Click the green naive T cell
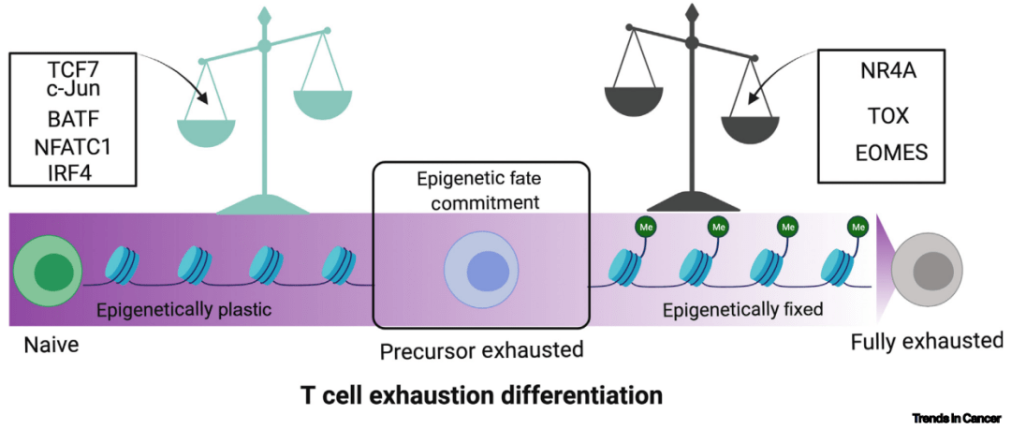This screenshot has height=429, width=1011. tap(45, 271)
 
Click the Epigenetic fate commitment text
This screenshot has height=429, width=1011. tap(481, 188)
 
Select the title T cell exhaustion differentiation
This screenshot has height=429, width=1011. tap(481, 394)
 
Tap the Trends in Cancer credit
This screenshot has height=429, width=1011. tap(956, 418)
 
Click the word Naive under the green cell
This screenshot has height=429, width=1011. tap(51, 346)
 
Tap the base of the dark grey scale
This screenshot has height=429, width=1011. tap(693, 200)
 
